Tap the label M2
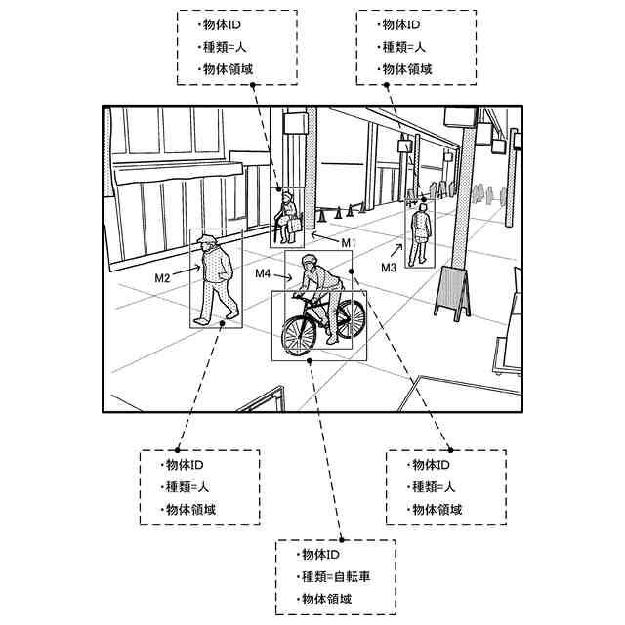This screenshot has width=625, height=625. (162, 278)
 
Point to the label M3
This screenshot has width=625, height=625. (389, 268)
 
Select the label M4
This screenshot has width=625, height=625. (263, 274)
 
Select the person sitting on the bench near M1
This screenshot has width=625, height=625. (288, 217)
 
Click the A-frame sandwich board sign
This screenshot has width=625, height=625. (452, 290)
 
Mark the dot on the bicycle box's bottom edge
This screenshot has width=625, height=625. (311, 360)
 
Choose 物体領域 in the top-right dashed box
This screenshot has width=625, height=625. (405, 69)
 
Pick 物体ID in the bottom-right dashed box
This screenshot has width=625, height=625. (430, 465)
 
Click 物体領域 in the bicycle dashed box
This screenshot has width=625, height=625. (327, 599)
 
